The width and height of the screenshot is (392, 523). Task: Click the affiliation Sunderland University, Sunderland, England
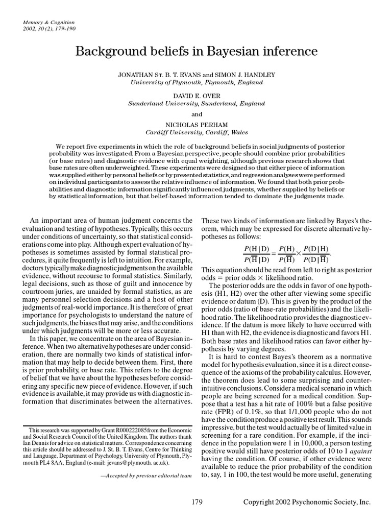click(197, 103)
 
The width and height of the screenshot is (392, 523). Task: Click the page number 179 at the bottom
click(197, 503)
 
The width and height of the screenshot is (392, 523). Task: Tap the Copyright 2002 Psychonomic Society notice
click(306, 503)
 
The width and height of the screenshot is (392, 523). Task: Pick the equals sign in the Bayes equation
click(272, 254)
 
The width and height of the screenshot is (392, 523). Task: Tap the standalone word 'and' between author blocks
click(197, 113)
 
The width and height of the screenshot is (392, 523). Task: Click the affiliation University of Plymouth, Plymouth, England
click(197, 82)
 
